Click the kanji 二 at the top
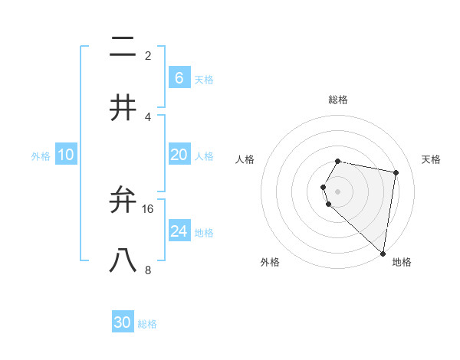pyautogui.click(x=123, y=48)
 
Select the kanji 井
pyautogui.click(x=123, y=109)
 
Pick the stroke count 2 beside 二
pyautogui.click(x=148, y=56)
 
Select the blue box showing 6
pyautogui.click(x=179, y=78)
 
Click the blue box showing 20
pyautogui.click(x=179, y=155)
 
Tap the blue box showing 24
pyautogui.click(x=179, y=231)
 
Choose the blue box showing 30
pyautogui.click(x=123, y=322)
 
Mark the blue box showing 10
pyautogui.click(x=66, y=155)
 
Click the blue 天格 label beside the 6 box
pyautogui.click(x=204, y=80)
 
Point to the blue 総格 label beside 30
pyautogui.click(x=147, y=324)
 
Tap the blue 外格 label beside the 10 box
pyautogui.click(x=41, y=156)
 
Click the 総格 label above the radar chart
pyautogui.click(x=338, y=100)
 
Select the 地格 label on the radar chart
pyautogui.click(x=402, y=262)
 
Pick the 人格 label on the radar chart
pyautogui.click(x=245, y=159)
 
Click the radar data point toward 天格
pyautogui.click(x=396, y=172)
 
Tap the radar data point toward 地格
pyautogui.click(x=383, y=253)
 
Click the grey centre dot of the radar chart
pyautogui.click(x=338, y=191)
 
